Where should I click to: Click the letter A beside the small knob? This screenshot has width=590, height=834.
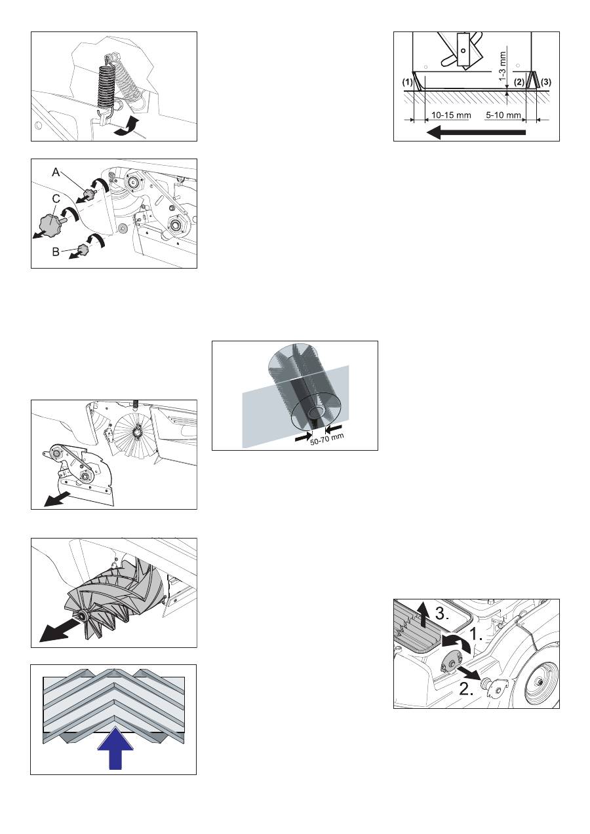click(x=56, y=172)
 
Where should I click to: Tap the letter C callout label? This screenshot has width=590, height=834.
click(x=56, y=199)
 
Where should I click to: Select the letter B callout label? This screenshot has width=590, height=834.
click(x=56, y=252)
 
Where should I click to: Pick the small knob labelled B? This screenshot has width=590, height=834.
click(x=83, y=248)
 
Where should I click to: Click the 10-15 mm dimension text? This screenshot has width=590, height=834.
click(x=451, y=115)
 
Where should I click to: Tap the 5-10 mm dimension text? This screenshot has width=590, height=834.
click(x=503, y=115)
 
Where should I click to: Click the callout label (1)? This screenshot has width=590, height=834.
click(x=407, y=83)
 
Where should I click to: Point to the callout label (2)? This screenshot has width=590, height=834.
click(x=519, y=82)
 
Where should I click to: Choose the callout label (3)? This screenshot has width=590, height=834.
click(x=545, y=82)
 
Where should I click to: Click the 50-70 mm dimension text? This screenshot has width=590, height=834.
click(x=327, y=440)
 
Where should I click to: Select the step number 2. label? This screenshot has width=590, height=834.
click(x=466, y=689)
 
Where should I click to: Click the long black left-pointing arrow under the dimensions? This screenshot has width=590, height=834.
click(x=476, y=132)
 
